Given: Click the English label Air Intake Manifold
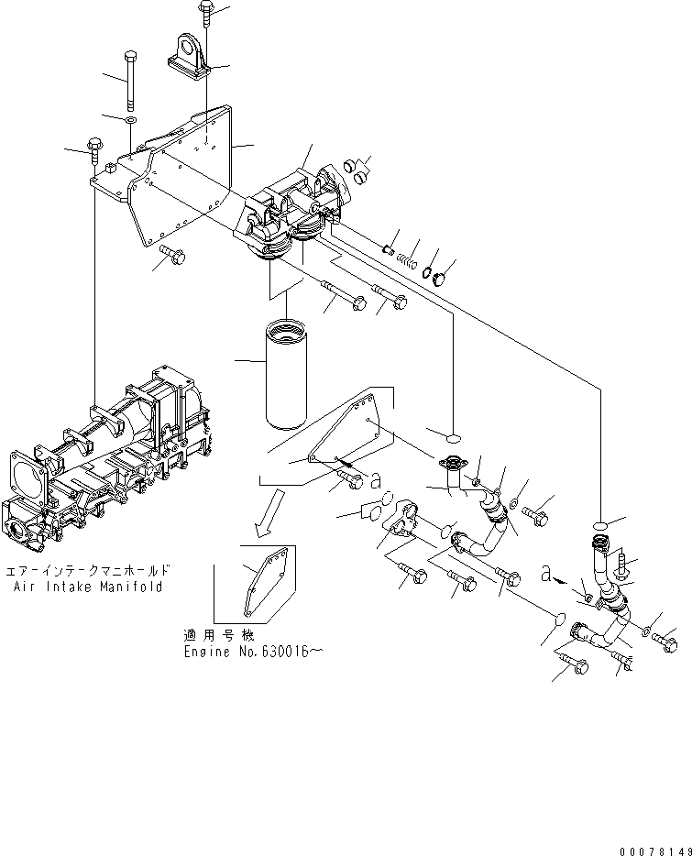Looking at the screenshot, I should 89,586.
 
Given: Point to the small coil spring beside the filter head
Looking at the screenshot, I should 406,258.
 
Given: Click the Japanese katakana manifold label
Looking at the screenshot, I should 89,570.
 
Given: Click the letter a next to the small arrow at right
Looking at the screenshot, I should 547,574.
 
